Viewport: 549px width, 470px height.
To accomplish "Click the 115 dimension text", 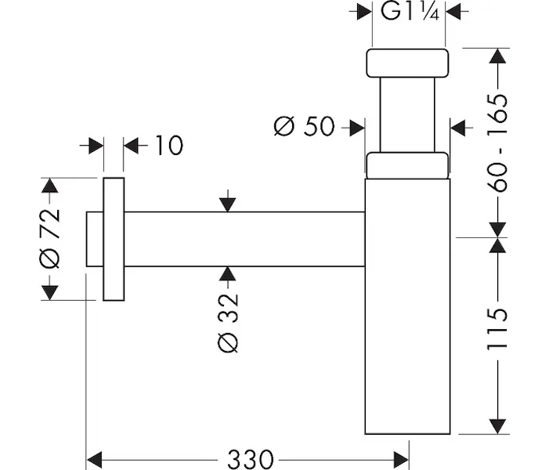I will pos(497,329).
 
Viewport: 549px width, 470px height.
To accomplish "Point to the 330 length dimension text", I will pos(250,457).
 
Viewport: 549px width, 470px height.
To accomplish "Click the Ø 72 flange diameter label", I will pos(49,238).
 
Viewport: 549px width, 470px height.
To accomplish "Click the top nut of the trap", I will pos(407,63).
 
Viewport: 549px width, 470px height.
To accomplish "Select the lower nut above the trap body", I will pos(407,165).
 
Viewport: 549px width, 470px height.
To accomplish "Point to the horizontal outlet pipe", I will pos(243,238).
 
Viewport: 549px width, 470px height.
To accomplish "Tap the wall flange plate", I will pos(114,238).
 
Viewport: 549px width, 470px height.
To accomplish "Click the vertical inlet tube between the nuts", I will pos(407,114).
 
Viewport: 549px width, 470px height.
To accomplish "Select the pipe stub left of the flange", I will pos(94,238).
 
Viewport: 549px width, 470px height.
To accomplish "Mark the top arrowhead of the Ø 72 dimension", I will pos(49,186).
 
